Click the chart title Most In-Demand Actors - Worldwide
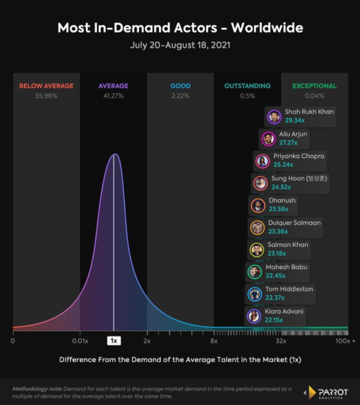(180, 28)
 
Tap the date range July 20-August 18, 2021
(180, 45)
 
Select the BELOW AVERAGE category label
(46, 86)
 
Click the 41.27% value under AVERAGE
(113, 95)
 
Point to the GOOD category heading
(180, 86)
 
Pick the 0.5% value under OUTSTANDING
(247, 95)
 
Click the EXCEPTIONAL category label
(314, 86)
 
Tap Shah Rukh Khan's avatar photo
(274, 116)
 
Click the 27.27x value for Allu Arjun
(288, 142)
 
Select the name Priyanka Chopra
(299, 156)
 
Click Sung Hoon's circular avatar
(260, 183)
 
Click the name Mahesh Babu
(286, 267)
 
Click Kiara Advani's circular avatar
(253, 316)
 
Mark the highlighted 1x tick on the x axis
(114, 341)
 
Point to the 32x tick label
(281, 341)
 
